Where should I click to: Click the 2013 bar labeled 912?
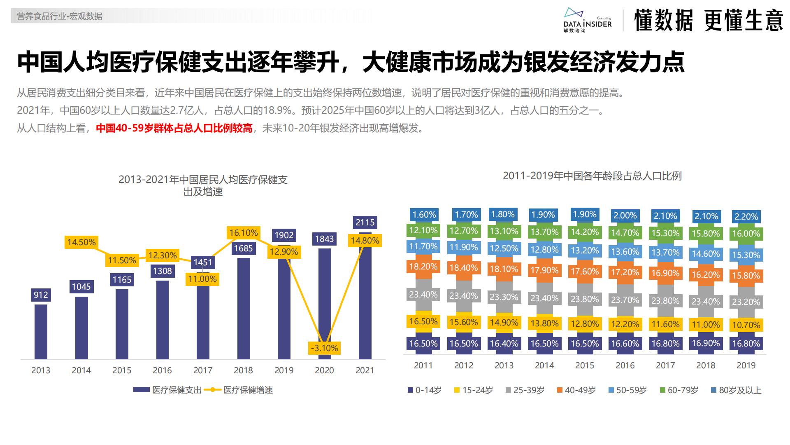[x=41, y=332]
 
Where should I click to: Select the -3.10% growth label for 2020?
[x=324, y=348]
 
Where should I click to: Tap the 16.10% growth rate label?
[x=244, y=233]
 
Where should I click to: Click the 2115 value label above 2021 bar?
[x=365, y=222]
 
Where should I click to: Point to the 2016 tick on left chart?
[x=162, y=370]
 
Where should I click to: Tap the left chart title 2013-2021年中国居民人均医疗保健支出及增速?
[x=203, y=185]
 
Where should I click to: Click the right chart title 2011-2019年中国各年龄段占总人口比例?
[x=592, y=176]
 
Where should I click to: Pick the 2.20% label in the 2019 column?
[x=746, y=217]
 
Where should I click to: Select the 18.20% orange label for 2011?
[x=423, y=267]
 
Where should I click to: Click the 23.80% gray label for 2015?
[x=584, y=299]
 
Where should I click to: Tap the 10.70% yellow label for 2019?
[x=746, y=325]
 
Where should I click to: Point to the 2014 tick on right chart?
[x=544, y=365]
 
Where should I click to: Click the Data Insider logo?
[x=587, y=20]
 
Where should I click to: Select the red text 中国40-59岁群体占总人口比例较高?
[x=174, y=128]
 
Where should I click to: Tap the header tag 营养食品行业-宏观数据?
[x=60, y=16]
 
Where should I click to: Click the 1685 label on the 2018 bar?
[x=244, y=248]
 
